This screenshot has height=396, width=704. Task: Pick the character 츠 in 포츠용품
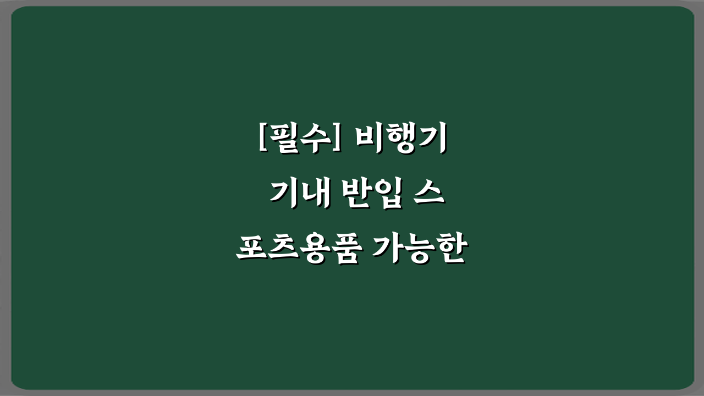283,250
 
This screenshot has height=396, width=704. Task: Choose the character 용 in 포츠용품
315,250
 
